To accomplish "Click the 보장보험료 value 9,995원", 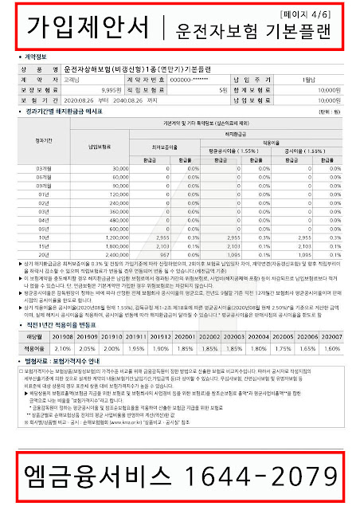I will tap(126, 92).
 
